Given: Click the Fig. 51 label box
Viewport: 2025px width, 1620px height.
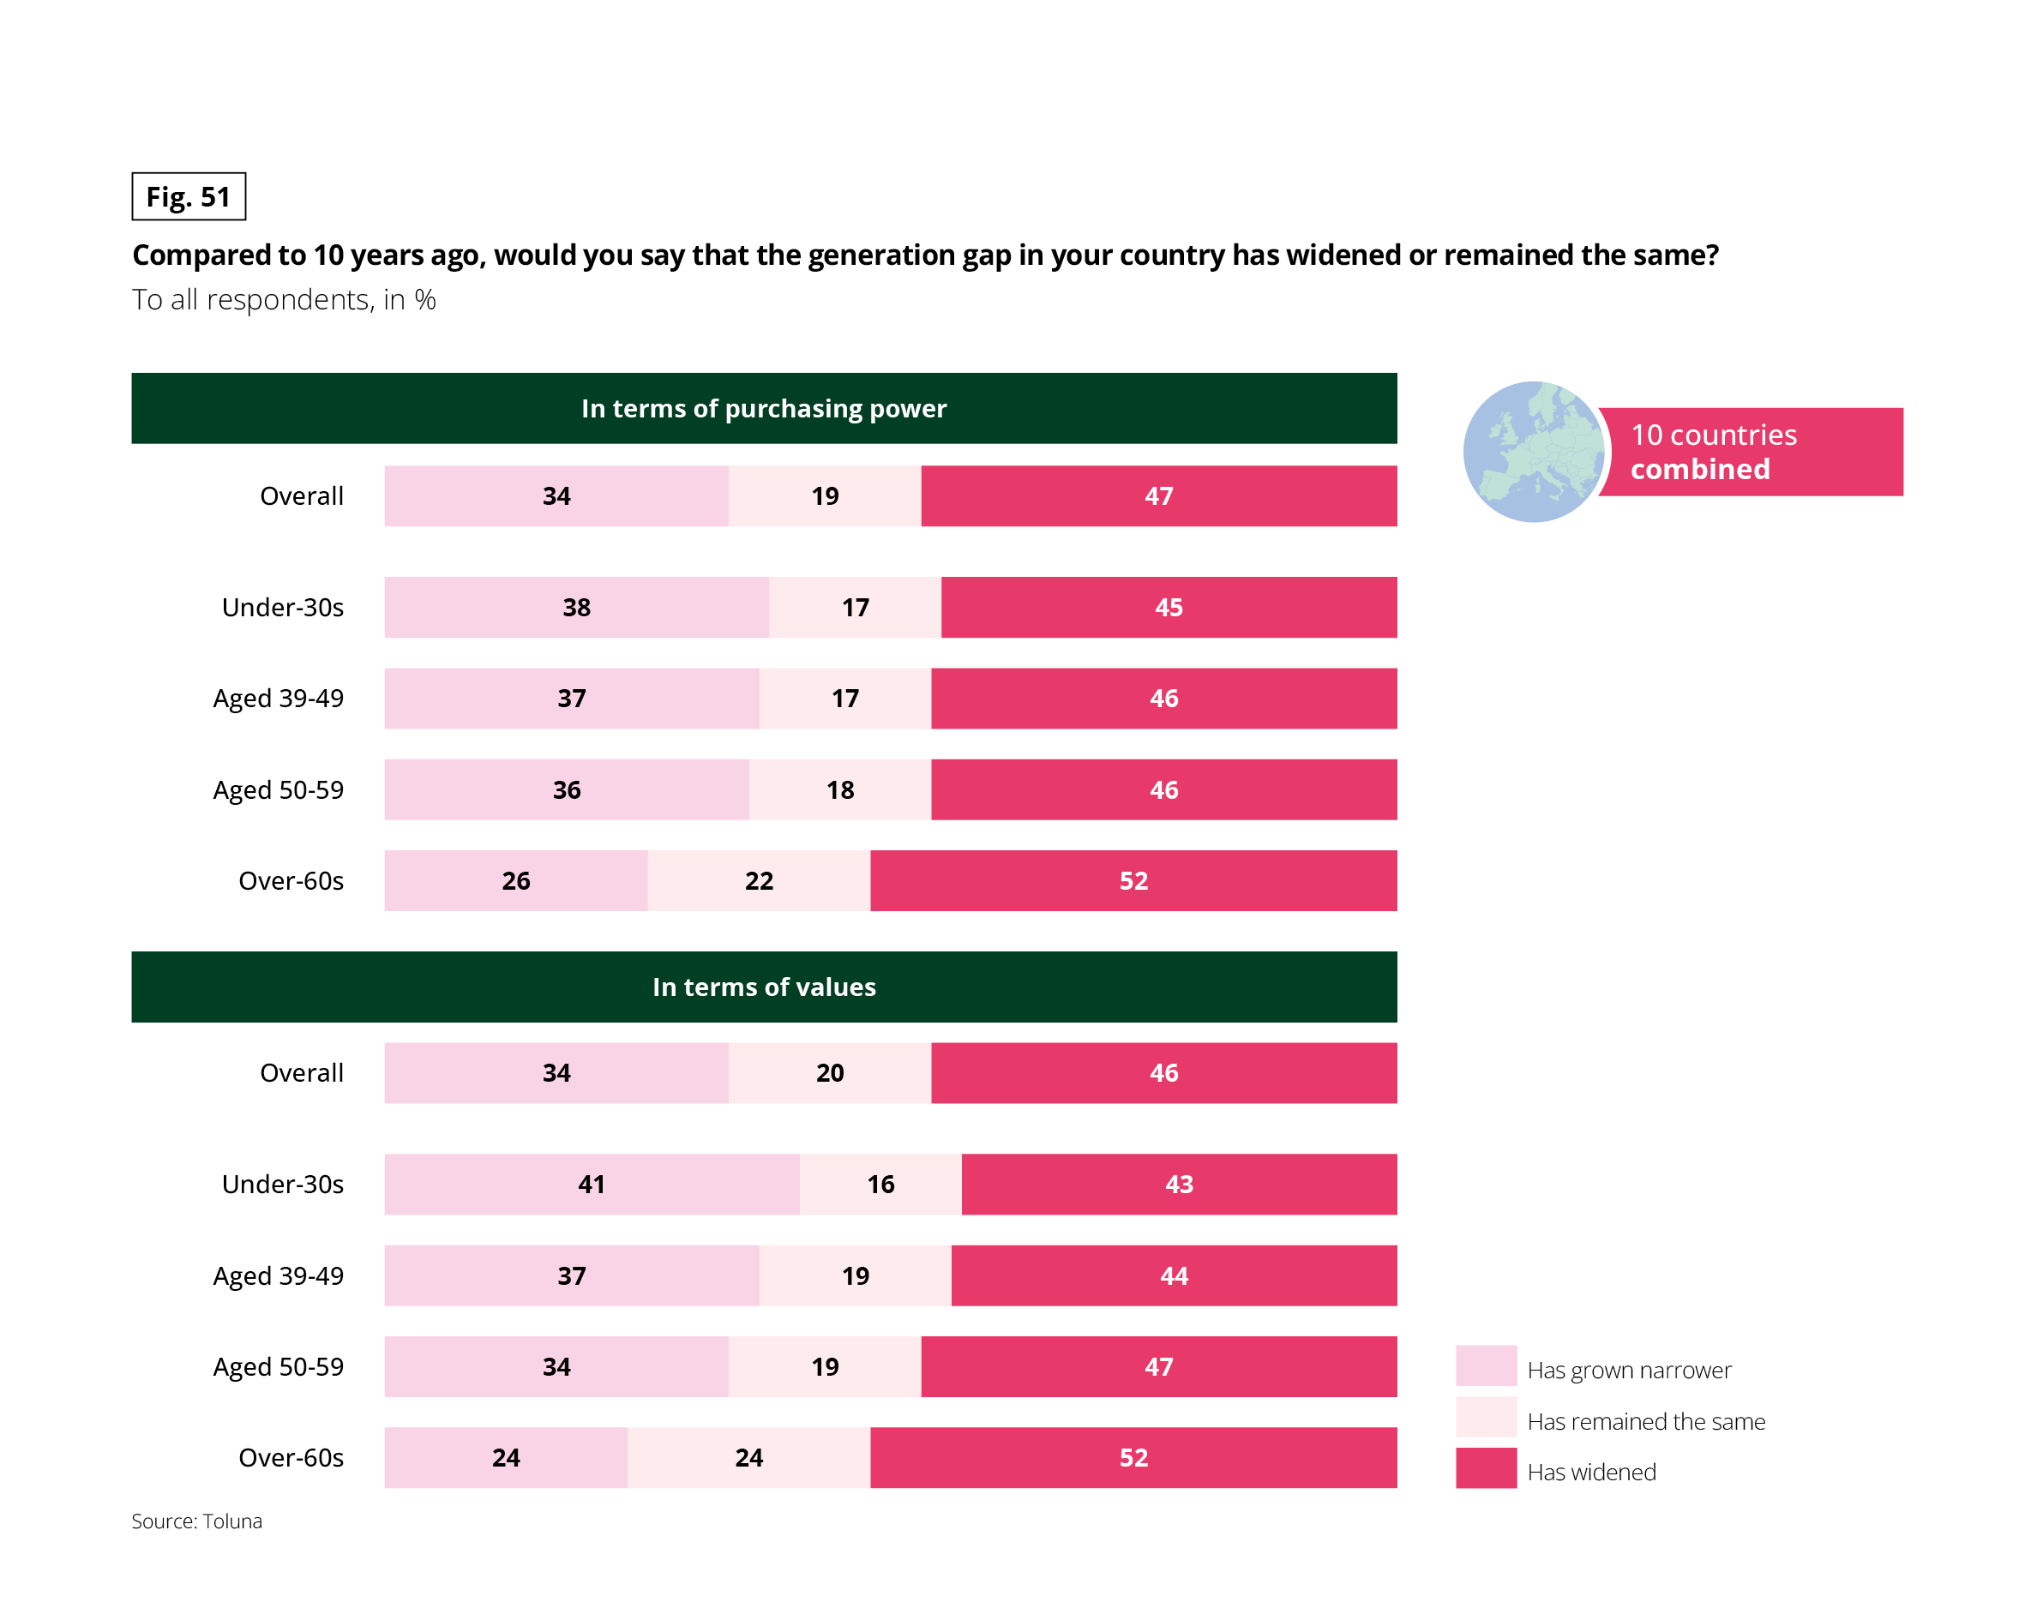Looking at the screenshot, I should tap(188, 196).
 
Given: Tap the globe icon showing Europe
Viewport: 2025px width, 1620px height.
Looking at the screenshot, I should tap(1533, 452).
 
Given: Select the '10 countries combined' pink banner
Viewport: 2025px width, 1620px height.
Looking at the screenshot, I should tap(1752, 452).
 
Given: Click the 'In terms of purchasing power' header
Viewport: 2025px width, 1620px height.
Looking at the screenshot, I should tap(764, 409).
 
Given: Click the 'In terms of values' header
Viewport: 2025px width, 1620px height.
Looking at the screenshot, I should tap(764, 987).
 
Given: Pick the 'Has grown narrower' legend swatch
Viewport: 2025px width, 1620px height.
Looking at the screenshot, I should tap(1486, 1365).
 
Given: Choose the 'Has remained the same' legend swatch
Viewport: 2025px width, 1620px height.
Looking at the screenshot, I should tap(1486, 1417).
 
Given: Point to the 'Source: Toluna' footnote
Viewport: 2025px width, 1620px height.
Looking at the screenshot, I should tap(196, 1521).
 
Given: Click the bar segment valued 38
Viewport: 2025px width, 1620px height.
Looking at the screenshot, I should tap(577, 608).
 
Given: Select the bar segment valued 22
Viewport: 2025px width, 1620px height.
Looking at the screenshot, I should tap(759, 881).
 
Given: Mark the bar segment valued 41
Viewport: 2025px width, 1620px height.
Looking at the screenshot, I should tap(592, 1185).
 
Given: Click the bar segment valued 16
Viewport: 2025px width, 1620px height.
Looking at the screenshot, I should tap(880, 1185).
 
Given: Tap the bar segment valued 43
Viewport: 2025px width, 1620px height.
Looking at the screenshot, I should tap(1179, 1185).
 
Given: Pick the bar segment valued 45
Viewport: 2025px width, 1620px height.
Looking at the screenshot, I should tap(1169, 608).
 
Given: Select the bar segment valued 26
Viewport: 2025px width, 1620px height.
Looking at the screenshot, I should tap(515, 881).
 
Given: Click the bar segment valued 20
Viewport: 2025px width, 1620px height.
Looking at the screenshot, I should tap(829, 1072).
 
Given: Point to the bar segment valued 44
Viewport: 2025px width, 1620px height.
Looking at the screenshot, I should tap(1174, 1275).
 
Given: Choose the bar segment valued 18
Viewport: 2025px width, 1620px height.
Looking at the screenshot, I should tap(839, 789).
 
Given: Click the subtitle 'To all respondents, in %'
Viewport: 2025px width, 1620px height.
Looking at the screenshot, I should tap(284, 300).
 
